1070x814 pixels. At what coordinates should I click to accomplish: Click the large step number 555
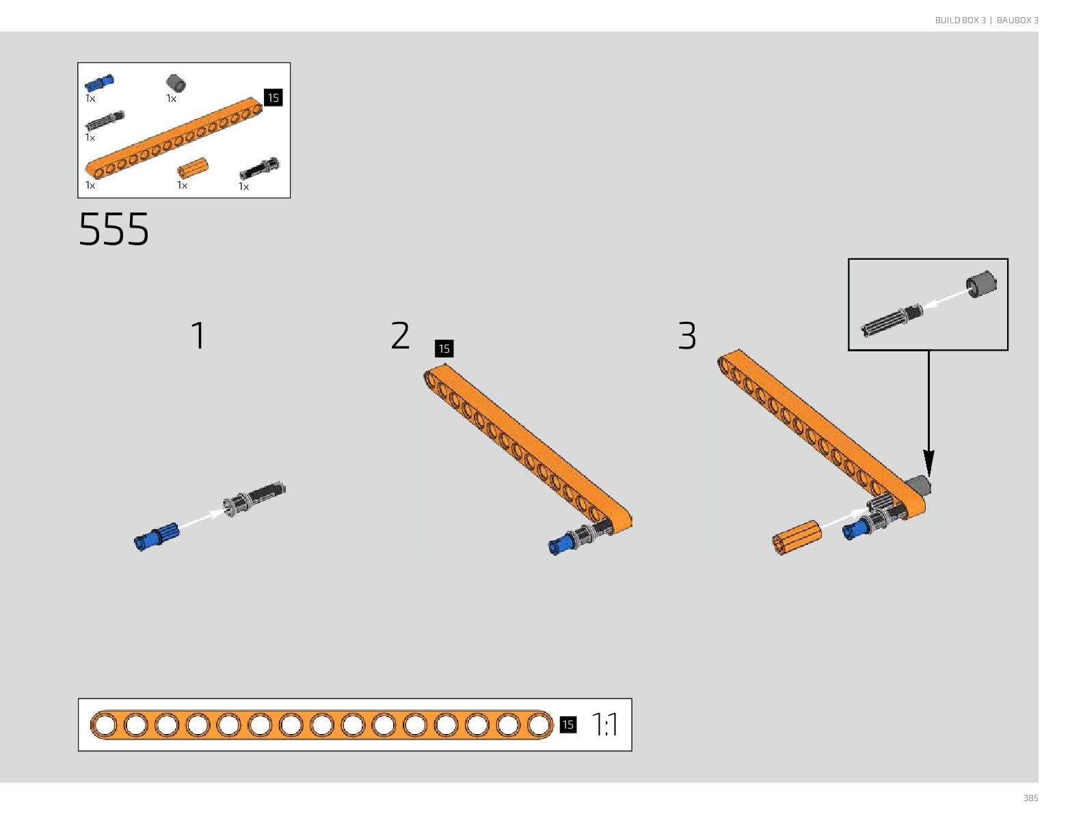[x=113, y=229]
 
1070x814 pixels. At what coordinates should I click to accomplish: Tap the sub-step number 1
[x=198, y=336]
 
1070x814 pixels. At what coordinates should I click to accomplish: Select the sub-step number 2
[x=401, y=336]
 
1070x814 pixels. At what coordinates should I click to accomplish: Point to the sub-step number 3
[x=687, y=336]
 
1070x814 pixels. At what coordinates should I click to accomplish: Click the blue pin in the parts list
[x=99, y=83]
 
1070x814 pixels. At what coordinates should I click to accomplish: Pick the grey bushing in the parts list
[x=176, y=83]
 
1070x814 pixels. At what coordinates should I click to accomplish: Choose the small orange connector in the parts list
[x=192, y=168]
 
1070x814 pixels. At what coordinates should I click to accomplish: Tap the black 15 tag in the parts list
[x=273, y=98]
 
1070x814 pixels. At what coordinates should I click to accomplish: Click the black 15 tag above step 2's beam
[x=444, y=349]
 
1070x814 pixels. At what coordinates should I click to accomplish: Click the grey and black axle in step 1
[x=256, y=498]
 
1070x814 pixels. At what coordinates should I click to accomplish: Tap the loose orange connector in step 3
[x=797, y=537]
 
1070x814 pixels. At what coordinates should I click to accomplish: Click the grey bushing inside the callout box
[x=981, y=284]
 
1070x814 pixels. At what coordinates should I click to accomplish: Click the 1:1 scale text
[x=604, y=724]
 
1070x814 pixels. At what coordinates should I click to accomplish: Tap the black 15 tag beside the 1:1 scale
[x=567, y=724]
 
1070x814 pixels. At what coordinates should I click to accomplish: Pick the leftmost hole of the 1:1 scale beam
[x=105, y=725]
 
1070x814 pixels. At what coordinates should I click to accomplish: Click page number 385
[x=1030, y=798]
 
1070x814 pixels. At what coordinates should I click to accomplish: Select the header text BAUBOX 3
[x=1017, y=21]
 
